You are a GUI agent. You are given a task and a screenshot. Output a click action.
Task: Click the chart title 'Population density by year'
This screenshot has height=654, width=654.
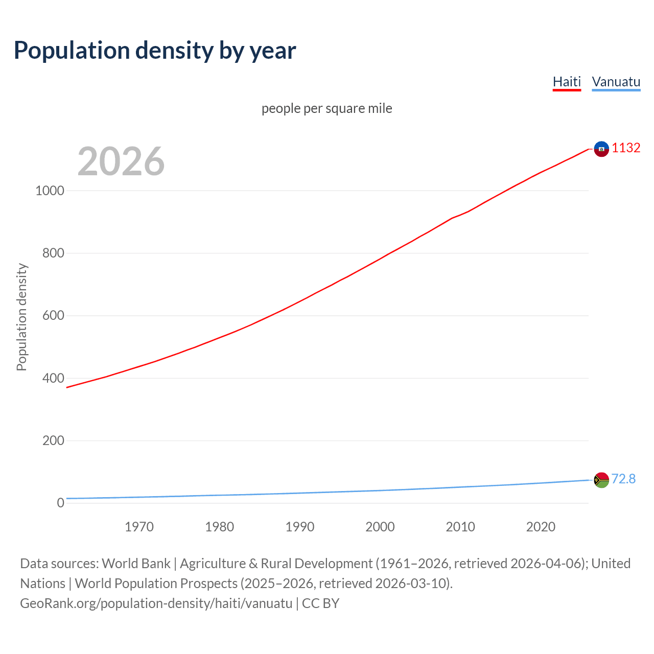155,51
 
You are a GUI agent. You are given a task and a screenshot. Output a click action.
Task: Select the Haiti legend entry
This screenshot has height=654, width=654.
567,82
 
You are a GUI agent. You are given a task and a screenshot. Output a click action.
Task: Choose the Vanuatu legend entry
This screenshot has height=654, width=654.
616,82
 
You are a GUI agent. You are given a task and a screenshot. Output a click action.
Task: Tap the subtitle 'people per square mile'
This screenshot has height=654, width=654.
327,108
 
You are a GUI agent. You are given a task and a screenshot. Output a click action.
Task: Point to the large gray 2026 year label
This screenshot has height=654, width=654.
121,161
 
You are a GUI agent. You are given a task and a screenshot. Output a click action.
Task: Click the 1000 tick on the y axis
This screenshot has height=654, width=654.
50,191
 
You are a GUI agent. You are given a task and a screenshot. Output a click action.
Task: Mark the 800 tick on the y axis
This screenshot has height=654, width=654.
53,253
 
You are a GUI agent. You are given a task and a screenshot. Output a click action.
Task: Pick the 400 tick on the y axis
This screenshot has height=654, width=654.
53,378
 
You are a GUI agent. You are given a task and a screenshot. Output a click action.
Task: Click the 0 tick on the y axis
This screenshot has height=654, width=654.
61,503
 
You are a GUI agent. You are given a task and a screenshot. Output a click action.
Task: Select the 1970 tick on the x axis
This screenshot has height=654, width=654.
139,527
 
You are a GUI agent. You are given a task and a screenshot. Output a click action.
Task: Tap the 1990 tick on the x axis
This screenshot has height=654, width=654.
300,527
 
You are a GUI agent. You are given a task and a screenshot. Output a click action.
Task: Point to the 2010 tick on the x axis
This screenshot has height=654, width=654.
460,527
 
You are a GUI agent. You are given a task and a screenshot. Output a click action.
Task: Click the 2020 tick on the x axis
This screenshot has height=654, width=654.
541,527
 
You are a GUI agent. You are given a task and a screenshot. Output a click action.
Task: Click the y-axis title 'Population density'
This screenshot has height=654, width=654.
21,317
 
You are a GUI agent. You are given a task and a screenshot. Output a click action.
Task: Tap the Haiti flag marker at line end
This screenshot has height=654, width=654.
601,149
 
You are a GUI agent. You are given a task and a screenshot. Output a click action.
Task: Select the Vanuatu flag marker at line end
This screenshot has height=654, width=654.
601,480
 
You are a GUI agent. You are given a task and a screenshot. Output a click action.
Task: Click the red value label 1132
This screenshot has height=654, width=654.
626,148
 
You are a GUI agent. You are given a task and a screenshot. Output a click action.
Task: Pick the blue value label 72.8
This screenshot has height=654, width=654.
623,479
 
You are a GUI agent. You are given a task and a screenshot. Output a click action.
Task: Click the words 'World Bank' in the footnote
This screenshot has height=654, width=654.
136,564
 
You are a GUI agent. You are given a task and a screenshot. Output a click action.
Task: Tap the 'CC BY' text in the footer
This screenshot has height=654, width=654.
320,603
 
